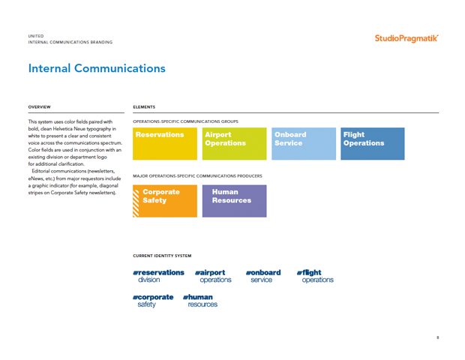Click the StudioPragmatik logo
pos(406,38)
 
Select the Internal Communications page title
pos(97,68)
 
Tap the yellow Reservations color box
pos(165,144)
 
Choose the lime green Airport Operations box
pos(234,144)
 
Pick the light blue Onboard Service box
pos(304,144)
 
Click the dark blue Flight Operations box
pos(373,144)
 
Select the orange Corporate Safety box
pos(165,201)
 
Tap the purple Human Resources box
pos(234,201)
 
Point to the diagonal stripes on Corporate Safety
pos(136,203)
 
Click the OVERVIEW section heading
pos(40,107)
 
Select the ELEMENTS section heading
pos(144,107)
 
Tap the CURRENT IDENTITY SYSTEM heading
pos(162,256)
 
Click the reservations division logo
pos(159,276)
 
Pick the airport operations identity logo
pos(213,276)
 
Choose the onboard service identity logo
pos(263,276)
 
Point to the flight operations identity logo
pos(315,276)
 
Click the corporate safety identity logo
pos(153,301)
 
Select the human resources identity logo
pos(200,301)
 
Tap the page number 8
pos(438,337)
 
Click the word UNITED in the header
pos(36,36)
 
